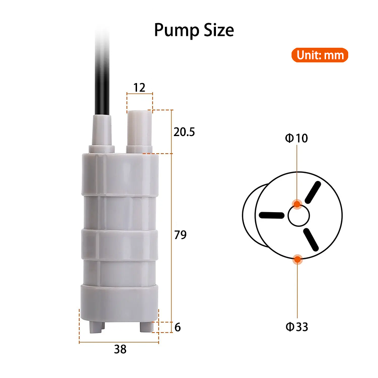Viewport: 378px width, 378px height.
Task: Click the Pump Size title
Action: pyautogui.click(x=194, y=31)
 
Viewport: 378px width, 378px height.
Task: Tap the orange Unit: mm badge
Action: pyautogui.click(x=319, y=55)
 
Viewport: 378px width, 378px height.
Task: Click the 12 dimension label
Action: pyautogui.click(x=139, y=87)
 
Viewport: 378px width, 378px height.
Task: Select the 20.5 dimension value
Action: pyautogui.click(x=184, y=132)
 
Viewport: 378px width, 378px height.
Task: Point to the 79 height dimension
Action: pyautogui.click(x=180, y=235)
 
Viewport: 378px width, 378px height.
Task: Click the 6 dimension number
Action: pyautogui.click(x=178, y=327)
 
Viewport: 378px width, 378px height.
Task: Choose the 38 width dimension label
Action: pyautogui.click(x=120, y=350)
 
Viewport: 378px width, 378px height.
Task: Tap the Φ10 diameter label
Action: pyautogui.click(x=296, y=138)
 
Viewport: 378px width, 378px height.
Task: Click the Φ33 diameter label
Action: pyautogui.click(x=297, y=326)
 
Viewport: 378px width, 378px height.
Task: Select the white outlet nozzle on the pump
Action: pyautogui.click(x=139, y=130)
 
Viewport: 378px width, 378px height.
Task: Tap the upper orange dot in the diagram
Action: pyautogui.click(x=297, y=204)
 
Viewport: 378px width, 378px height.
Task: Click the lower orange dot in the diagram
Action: pyautogui.click(x=297, y=259)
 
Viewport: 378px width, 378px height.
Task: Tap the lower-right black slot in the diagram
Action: pyautogui.click(x=312, y=239)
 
